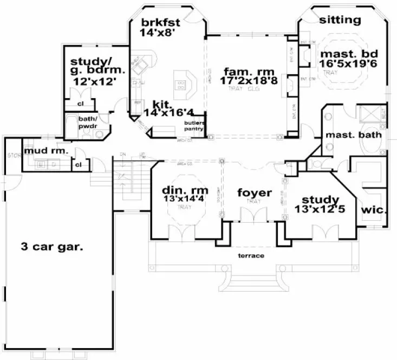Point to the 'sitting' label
340,21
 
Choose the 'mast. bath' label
353,134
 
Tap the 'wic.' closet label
373,209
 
